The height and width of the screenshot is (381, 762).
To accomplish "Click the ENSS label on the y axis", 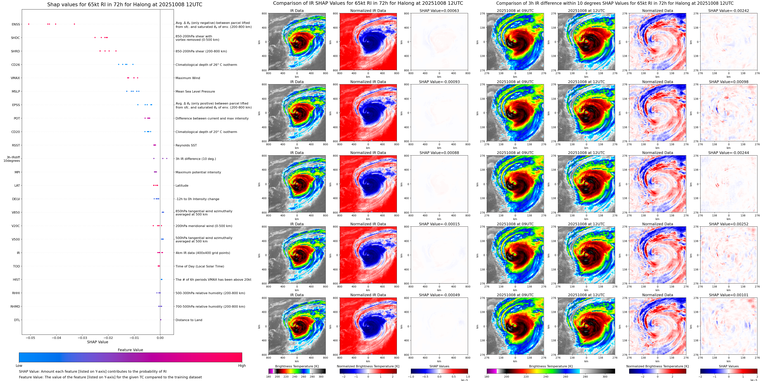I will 16,24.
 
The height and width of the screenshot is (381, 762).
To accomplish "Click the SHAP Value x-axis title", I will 98,342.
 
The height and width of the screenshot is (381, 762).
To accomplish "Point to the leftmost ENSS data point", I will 29,24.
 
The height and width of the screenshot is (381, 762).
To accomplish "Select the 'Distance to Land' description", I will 189,320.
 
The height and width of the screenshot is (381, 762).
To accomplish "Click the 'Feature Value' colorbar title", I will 130,350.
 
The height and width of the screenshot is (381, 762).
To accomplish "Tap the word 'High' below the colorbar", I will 242,366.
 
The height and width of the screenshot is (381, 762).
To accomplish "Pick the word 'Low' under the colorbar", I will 19,366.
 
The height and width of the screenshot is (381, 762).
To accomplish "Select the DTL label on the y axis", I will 17,320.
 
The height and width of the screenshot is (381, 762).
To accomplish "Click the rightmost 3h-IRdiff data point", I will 167,158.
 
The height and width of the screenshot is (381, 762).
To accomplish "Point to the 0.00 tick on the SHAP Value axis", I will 160,338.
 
